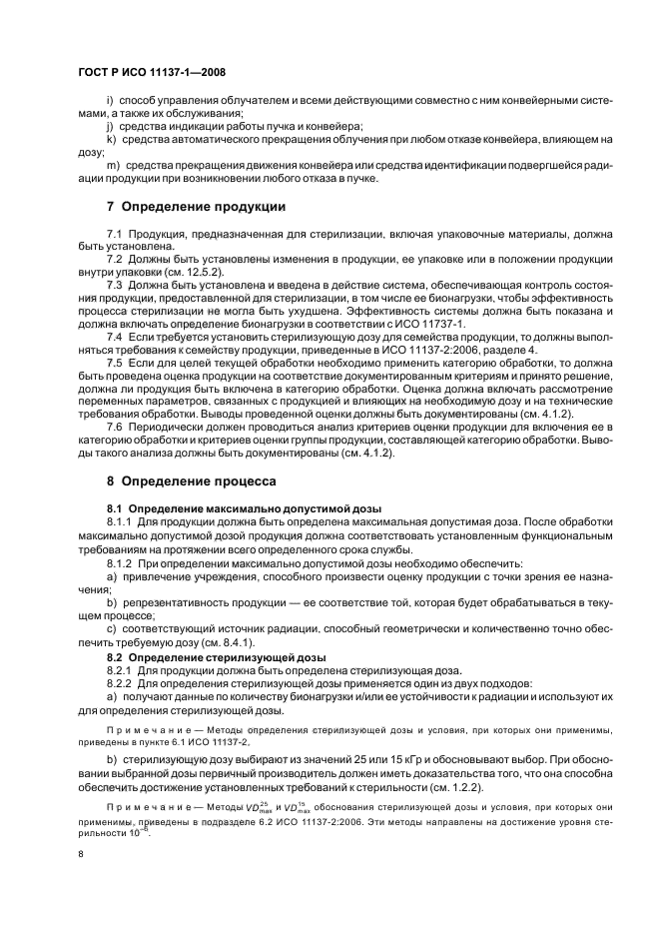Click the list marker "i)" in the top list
[109, 102]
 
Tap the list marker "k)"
[110, 139]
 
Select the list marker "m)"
[111, 164]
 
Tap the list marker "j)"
[109, 127]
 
